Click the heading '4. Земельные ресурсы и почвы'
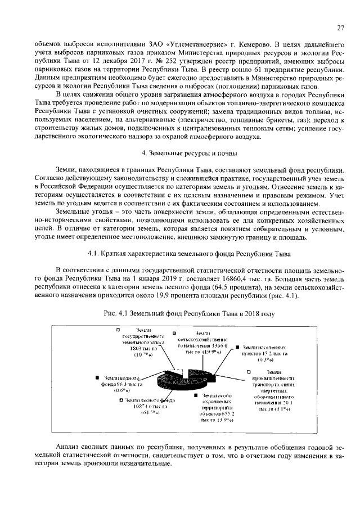pos(189,153)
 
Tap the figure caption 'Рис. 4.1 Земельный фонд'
pos(189,313)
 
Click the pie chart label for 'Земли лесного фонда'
pos(147,406)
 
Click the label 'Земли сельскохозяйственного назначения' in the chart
pos(202,343)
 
